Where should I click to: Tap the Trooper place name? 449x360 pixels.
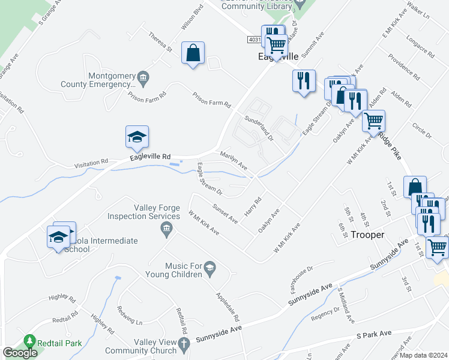pos(367,235)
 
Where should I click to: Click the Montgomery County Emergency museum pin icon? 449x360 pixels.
pos(143,77)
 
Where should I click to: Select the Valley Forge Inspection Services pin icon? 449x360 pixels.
pos(167,227)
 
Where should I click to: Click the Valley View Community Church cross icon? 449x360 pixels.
pos(184,343)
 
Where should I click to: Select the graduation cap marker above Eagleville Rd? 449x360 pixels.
pos(137,137)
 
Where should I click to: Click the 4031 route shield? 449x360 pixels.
pos(254,39)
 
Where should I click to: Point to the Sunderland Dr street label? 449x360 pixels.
pos(258,125)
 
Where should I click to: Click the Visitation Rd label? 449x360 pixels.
pos(91,162)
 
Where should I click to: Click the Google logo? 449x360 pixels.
pos(20,353)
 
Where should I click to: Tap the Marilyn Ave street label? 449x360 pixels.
pos(234,160)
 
